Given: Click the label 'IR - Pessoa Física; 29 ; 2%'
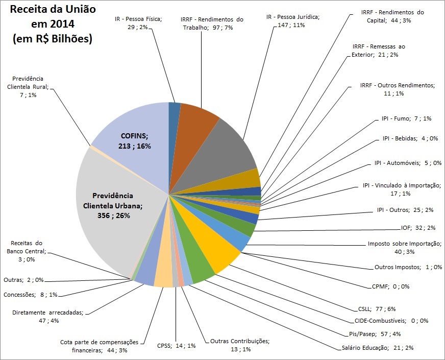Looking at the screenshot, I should pos(138,23).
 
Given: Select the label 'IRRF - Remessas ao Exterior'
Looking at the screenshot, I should pos(379,51).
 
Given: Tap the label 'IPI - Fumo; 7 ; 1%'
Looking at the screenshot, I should pos(406,118).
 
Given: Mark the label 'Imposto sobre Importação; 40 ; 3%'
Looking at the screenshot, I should pos(405,248).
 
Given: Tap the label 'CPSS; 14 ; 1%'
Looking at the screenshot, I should pos(177,345).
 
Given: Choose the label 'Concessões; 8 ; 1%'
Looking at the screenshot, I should pos(30,295).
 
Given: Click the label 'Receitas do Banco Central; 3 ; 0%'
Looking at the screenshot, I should pos(28,251).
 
